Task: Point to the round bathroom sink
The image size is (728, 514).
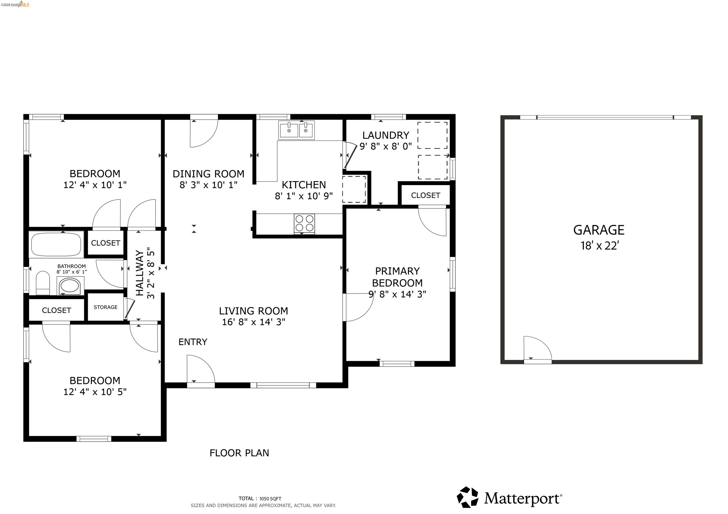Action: tap(70, 286)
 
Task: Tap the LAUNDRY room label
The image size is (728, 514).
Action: tap(386, 135)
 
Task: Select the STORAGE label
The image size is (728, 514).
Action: tap(106, 307)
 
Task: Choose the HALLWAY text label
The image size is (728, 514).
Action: tap(140, 273)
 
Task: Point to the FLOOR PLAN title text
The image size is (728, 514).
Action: tap(239, 453)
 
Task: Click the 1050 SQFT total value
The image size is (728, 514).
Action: tap(270, 498)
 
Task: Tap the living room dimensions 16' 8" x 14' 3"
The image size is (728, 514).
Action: tap(254, 322)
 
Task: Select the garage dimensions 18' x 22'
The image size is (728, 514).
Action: tap(600, 246)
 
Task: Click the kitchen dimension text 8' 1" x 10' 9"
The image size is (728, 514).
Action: tap(304, 196)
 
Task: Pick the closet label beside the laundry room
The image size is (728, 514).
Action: tap(426, 195)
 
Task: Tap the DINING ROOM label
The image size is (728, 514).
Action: tap(208, 174)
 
